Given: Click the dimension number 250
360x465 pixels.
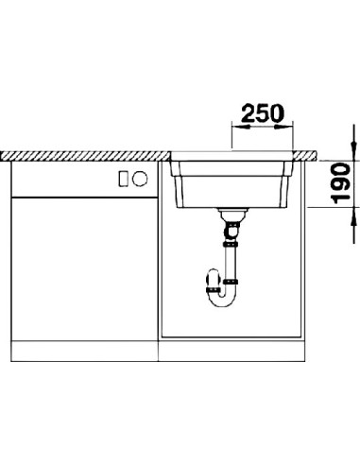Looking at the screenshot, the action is point(263,113).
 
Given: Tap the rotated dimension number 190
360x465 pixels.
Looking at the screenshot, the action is point(340,183).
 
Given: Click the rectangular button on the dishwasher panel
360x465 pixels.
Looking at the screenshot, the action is point(123,179).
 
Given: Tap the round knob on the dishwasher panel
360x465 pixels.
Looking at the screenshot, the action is point(140,179).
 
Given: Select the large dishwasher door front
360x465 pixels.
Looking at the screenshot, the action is point(84,269).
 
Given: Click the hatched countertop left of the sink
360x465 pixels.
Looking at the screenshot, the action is point(85,156).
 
